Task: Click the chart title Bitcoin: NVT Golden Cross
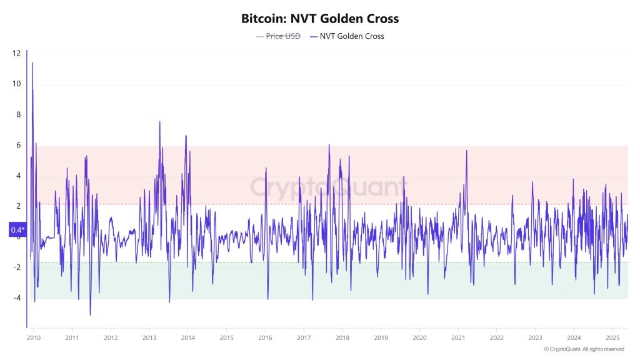click(x=320, y=19)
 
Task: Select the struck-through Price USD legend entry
click(x=278, y=36)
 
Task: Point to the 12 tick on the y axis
click(x=16, y=53)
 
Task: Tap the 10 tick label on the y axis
click(x=16, y=84)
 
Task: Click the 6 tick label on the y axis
click(x=18, y=145)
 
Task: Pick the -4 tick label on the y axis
click(x=17, y=298)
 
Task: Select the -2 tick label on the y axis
click(x=17, y=267)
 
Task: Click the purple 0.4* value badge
click(x=17, y=230)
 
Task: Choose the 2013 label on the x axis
click(x=149, y=337)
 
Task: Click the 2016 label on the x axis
click(x=265, y=337)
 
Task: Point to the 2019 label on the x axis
click(x=381, y=337)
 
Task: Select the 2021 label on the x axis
click(x=458, y=337)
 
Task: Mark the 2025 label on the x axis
click(x=612, y=337)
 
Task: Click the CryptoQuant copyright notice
click(x=584, y=349)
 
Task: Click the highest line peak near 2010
click(x=32, y=63)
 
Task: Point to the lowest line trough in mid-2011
click(x=91, y=315)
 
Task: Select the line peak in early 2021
click(x=466, y=150)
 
